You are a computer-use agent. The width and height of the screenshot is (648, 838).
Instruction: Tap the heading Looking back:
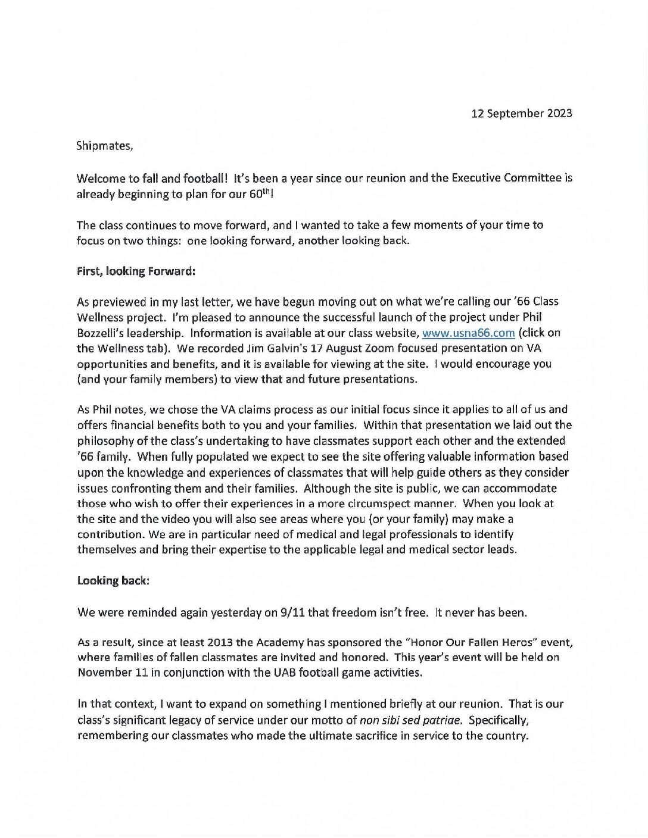click(x=113, y=580)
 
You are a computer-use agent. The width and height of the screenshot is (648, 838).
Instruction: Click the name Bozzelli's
click(x=102, y=333)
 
